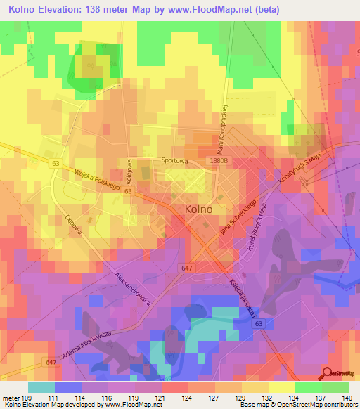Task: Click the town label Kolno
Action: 198,209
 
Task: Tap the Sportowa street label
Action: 176,160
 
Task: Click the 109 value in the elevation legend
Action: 27,398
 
